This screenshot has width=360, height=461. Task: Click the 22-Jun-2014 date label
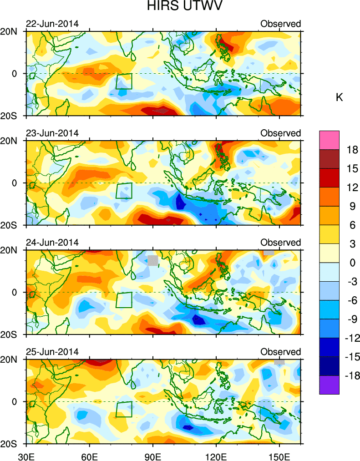52,24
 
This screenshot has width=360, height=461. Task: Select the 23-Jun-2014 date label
52,133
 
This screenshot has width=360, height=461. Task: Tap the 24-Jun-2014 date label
52,242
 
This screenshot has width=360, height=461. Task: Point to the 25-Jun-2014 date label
52,351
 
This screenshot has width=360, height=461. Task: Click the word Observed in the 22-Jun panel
280,24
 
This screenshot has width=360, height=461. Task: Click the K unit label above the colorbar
339,97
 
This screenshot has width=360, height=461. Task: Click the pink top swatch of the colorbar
330,137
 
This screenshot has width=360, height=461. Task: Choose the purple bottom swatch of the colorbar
330,385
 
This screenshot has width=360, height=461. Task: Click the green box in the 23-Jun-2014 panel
124,191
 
